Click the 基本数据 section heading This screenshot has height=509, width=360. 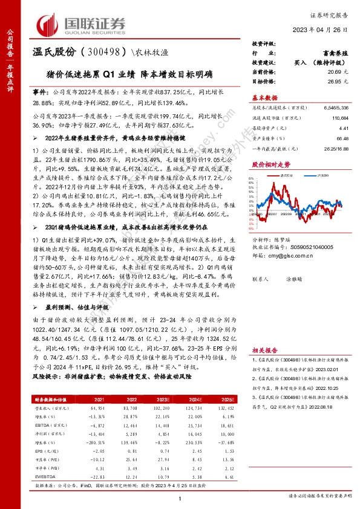click(264, 97)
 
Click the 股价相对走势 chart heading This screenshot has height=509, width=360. click(267, 164)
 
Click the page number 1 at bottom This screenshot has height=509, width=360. click(180, 498)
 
